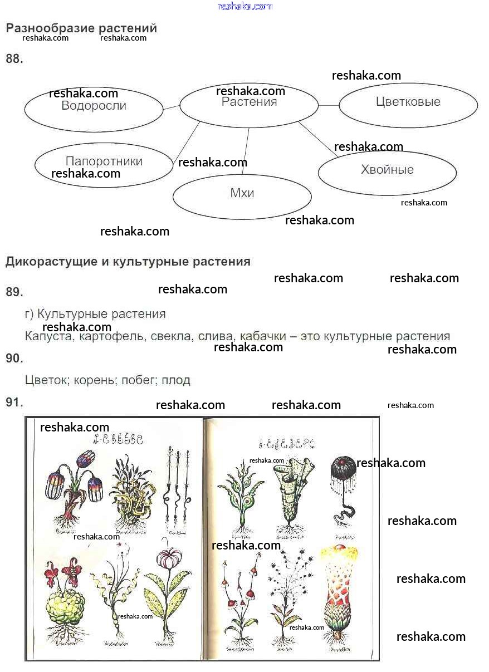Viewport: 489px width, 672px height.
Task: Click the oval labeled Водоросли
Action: pyautogui.click(x=94, y=109)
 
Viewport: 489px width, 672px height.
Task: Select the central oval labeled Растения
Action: pyautogui.click(x=249, y=105)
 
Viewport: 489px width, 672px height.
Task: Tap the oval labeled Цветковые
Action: pyautogui.click(x=408, y=105)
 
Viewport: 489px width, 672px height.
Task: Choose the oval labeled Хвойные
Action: pyautogui.click(x=387, y=172)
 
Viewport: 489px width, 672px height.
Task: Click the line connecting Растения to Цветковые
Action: pyautogui.click(x=329, y=105)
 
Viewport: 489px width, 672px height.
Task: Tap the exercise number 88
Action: pyautogui.click(x=14, y=59)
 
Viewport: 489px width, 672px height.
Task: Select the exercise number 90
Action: pyautogui.click(x=14, y=359)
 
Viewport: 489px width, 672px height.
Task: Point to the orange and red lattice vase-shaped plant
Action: pyautogui.click(x=339, y=590)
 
